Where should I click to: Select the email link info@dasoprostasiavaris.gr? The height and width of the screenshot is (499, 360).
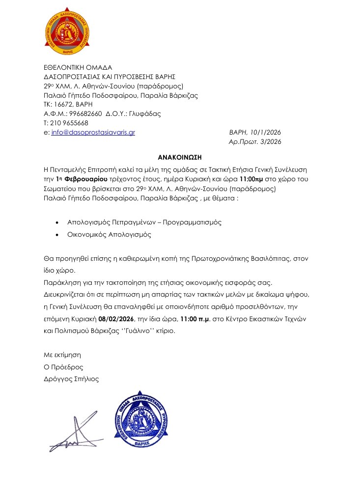click(93, 133)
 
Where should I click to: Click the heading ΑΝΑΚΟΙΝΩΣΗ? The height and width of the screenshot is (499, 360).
click(180, 158)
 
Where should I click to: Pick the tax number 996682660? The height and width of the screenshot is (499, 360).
click(85, 113)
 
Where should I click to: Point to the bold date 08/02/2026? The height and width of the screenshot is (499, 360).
click(115, 318)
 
